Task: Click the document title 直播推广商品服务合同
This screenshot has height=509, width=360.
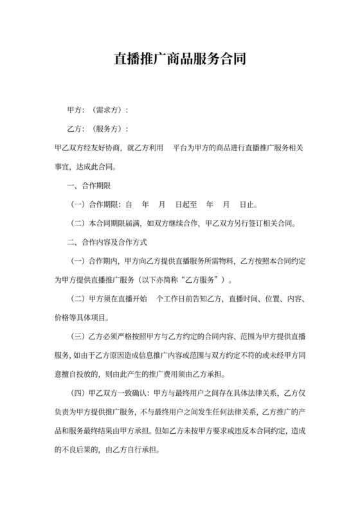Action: [x=179, y=60]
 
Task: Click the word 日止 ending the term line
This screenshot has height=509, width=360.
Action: [x=246, y=205]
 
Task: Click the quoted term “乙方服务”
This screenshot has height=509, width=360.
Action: [x=203, y=280]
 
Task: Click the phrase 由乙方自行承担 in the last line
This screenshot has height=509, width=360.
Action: [x=141, y=450]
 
